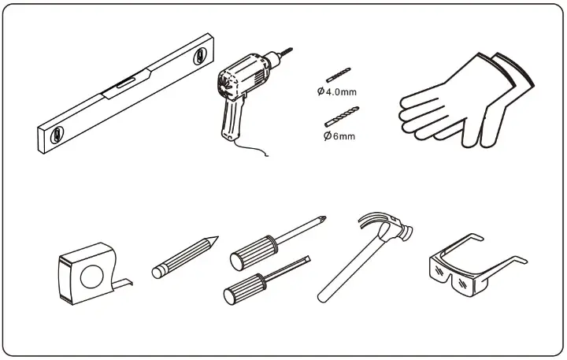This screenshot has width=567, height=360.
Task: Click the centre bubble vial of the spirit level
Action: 125,84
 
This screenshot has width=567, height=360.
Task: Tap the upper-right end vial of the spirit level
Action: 199,57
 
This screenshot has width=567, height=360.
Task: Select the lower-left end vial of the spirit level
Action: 57,135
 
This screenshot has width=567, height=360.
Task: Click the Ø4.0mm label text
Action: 337,92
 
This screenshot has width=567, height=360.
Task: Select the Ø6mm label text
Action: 339,136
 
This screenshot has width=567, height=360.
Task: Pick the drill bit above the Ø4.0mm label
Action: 339,75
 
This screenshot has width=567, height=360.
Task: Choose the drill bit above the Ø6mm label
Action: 342,117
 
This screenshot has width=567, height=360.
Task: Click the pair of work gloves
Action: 466,102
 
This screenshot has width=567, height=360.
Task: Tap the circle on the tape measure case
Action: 92,277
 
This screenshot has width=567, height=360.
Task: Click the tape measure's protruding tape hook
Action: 124,284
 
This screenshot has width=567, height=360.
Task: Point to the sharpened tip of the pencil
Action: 213,240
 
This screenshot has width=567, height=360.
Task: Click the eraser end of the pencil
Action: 157,272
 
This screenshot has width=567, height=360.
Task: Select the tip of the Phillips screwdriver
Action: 322,219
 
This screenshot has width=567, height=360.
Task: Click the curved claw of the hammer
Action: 372,217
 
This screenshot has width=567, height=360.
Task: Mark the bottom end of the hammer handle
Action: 321,299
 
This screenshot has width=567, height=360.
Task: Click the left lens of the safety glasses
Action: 440,270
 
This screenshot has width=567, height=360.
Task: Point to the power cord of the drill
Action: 250,147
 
